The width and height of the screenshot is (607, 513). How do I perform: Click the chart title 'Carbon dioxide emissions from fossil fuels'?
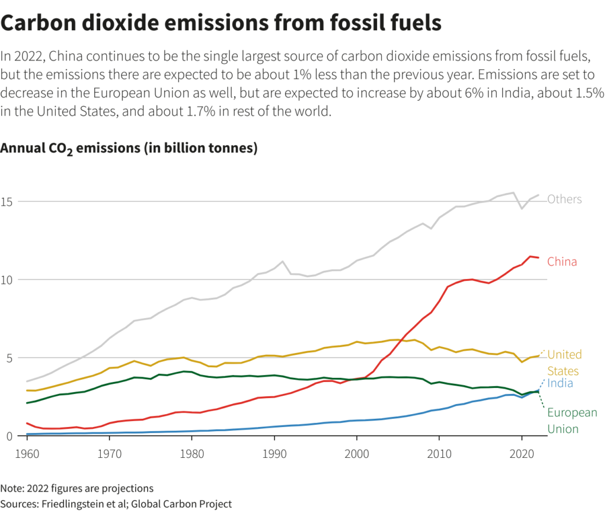221,23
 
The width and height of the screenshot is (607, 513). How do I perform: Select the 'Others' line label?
564,199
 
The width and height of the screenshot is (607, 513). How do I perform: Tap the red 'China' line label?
562,262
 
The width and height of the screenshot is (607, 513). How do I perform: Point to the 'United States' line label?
564,363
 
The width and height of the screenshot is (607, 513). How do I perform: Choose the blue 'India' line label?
560,383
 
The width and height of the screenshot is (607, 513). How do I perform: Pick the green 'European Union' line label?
571,421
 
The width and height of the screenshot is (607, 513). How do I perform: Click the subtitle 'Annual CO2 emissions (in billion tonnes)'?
129,148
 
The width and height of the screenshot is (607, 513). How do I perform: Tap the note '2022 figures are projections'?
77,488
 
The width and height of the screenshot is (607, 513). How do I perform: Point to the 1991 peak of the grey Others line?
283,261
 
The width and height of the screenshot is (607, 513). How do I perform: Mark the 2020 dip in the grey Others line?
522,209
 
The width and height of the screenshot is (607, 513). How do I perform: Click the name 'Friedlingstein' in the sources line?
76,504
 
